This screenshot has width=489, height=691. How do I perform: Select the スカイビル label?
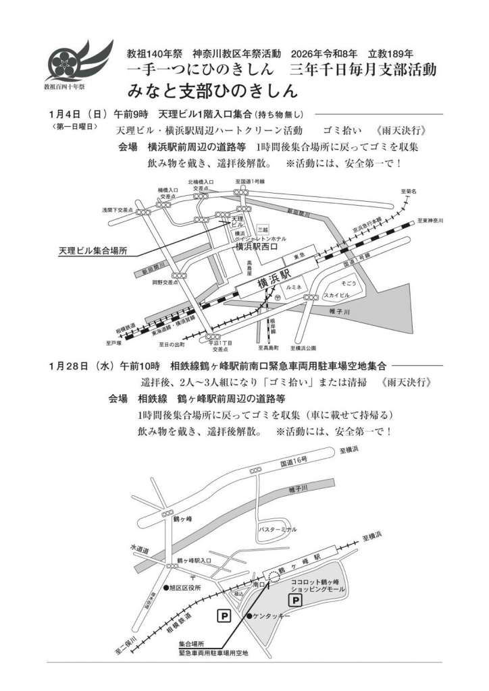click(x=336, y=295)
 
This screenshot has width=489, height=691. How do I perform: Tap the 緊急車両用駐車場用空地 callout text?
click(x=213, y=653)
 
